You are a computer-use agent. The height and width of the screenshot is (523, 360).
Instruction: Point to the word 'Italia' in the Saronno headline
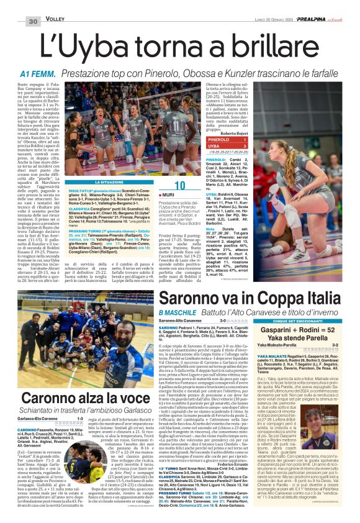click(319, 294)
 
